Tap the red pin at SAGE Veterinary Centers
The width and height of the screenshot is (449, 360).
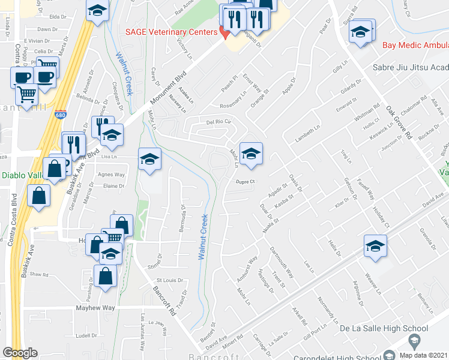coord(225,32)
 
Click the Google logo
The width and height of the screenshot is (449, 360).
coord(20,353)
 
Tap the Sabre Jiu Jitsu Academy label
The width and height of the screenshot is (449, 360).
coord(411,68)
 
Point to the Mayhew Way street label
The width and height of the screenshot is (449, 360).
coord(95,308)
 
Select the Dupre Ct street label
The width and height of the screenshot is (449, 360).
coord(245,181)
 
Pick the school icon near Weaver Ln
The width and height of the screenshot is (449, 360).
coord(375,246)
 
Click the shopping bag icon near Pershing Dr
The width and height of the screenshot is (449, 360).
coord(105,277)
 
